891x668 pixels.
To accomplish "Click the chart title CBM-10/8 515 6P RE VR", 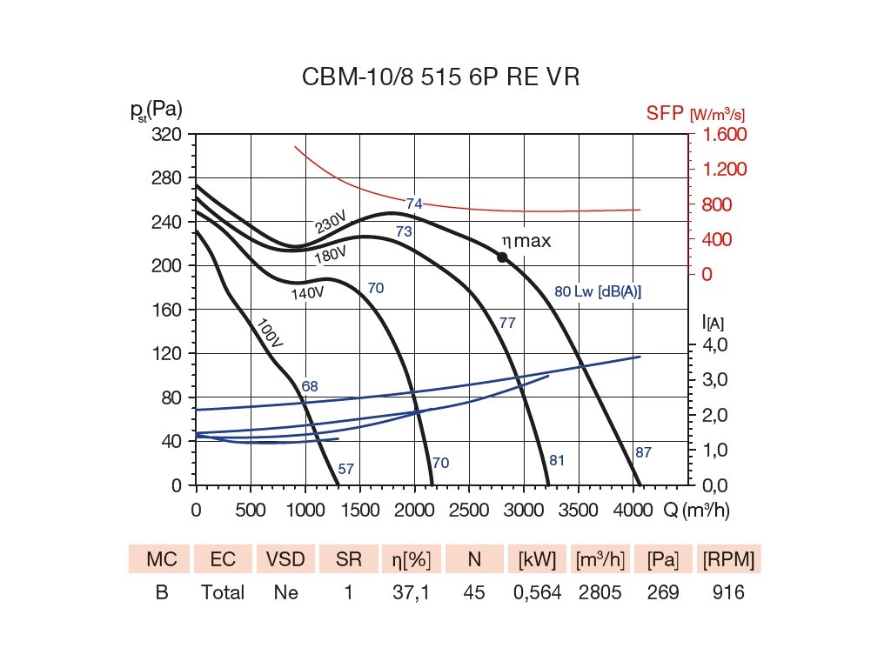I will tap(440, 77).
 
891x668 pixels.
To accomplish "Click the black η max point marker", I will tap(502, 257).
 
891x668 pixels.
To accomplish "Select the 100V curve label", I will tap(271, 334).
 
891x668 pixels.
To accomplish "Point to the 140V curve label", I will tap(307, 294).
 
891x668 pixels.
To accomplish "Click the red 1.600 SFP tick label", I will tap(720, 135).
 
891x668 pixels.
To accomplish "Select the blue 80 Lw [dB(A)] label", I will tap(598, 291).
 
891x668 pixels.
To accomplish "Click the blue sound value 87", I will tap(643, 452).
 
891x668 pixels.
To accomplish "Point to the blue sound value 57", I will tap(345, 470).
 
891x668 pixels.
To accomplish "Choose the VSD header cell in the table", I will tap(285, 559).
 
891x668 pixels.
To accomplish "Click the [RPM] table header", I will tap(728, 559).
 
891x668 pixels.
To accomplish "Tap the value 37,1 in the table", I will tap(412, 593).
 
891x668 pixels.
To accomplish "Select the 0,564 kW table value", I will tap(538, 593).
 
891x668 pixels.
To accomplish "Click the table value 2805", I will tap(601, 593).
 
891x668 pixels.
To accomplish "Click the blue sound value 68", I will tap(310, 386).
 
